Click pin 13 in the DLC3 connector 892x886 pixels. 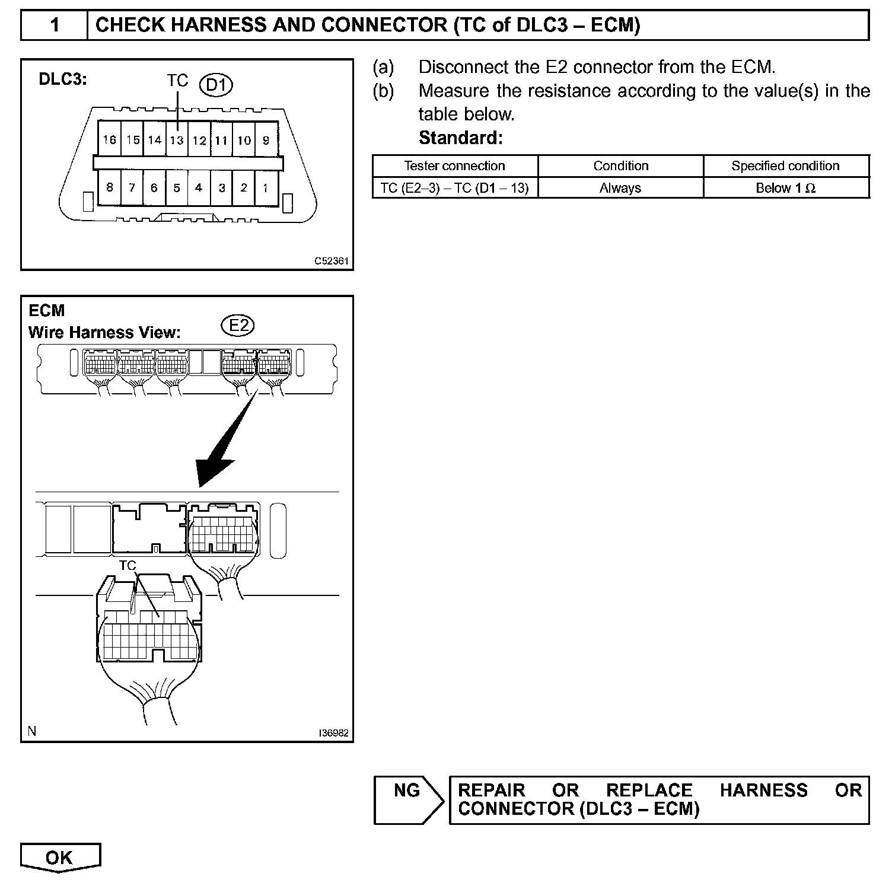[x=177, y=141]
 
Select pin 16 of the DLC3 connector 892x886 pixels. [x=109, y=140]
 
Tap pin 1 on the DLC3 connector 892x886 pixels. [x=266, y=188]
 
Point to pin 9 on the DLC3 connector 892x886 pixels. [x=266, y=141]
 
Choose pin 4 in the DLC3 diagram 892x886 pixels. [x=199, y=188]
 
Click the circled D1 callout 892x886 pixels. [x=216, y=85]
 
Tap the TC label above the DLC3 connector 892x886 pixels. [x=177, y=81]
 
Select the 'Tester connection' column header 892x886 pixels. [x=454, y=166]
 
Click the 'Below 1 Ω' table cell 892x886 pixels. [x=786, y=188]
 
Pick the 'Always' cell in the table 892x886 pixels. [x=620, y=188]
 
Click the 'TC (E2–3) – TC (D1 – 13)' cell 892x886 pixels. [x=454, y=188]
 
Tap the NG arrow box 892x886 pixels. [x=409, y=799]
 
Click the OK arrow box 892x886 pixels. [x=60, y=858]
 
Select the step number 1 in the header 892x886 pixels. [x=55, y=26]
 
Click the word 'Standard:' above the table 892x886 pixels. [x=460, y=138]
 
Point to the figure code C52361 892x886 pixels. [x=332, y=261]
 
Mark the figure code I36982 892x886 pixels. [x=333, y=733]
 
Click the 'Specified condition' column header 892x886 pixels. [x=785, y=166]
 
